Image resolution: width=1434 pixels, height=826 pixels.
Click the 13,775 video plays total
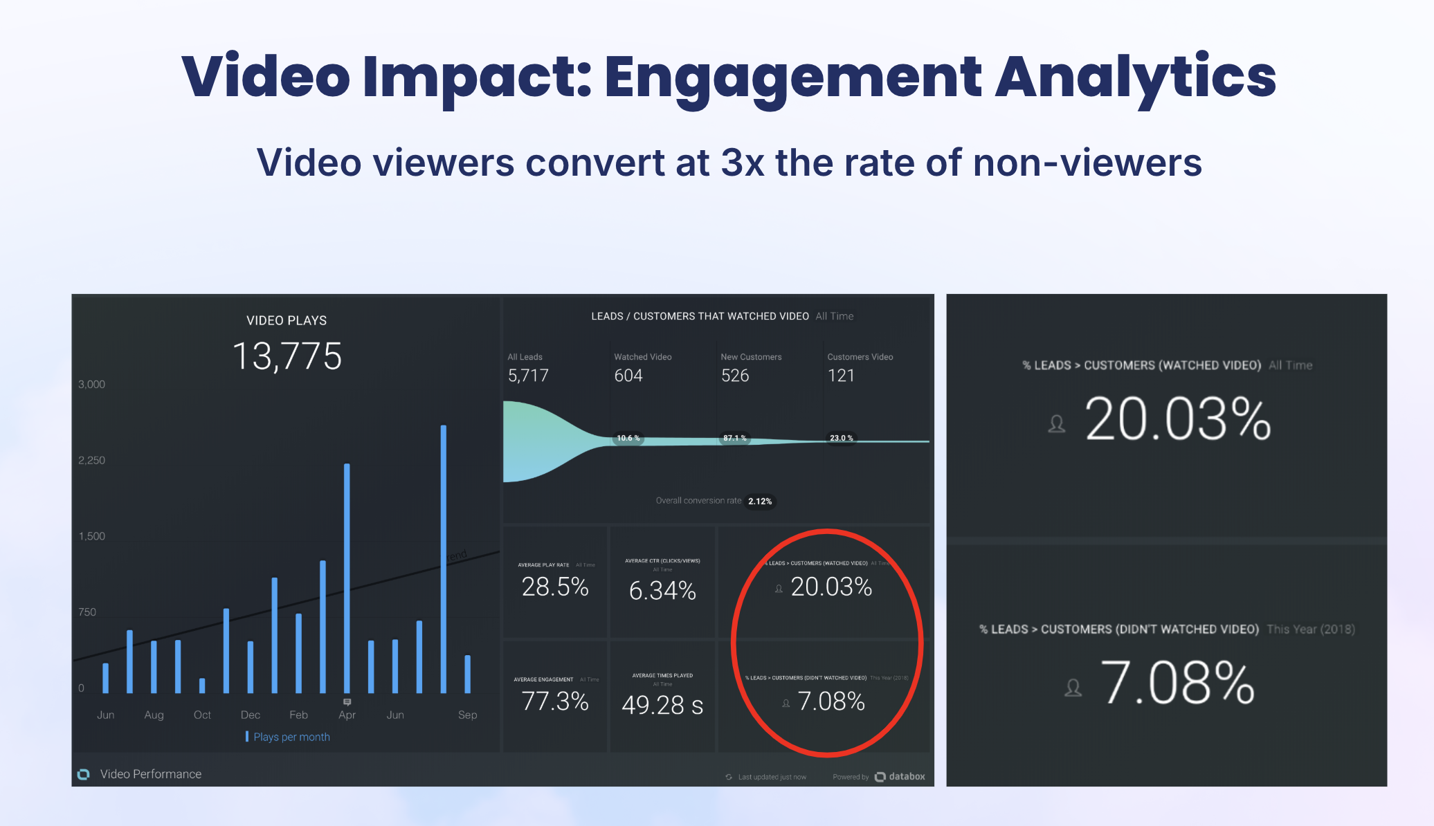tap(287, 357)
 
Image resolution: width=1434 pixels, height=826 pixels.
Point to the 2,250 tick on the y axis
tap(92, 461)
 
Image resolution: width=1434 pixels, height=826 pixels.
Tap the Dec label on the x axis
tap(251, 715)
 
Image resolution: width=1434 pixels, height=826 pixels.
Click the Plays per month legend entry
tap(291, 737)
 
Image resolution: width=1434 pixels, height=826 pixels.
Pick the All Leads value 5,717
tap(528, 376)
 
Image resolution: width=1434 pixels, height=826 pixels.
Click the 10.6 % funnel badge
tap(628, 438)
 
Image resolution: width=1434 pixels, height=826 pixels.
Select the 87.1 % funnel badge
tap(735, 438)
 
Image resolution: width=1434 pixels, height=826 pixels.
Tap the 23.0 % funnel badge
tap(842, 438)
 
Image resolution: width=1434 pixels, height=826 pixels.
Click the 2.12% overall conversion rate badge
tap(760, 501)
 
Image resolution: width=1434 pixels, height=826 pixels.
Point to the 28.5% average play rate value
tap(555, 587)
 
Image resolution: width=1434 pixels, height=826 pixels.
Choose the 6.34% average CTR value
tap(662, 590)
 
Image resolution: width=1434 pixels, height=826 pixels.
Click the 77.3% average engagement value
tap(555, 701)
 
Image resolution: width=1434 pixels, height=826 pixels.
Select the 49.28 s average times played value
tap(662, 705)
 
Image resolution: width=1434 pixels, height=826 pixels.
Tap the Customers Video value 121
tap(841, 376)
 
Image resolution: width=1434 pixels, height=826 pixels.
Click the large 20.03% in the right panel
tap(1178, 419)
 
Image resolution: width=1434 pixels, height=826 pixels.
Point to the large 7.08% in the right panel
tap(1177, 683)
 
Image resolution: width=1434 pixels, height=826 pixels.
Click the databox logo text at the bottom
tap(907, 776)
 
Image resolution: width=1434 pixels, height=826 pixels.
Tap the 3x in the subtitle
tap(743, 163)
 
